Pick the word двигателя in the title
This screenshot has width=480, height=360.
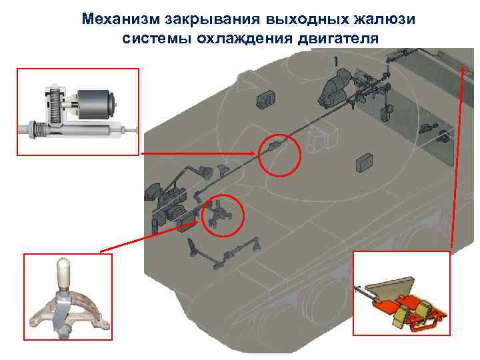(335, 37)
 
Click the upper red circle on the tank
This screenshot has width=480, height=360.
(279, 155)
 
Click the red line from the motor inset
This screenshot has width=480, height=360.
(200, 153)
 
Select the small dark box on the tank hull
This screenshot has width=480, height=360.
(365, 161)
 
